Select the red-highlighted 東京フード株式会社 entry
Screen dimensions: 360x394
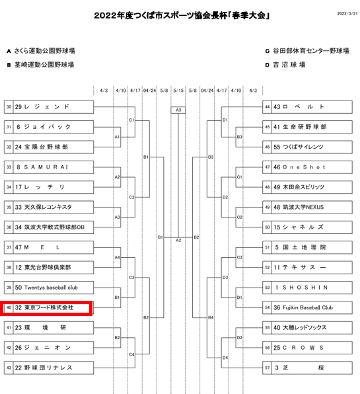coord(46,308)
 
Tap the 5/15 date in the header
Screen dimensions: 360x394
coord(178,91)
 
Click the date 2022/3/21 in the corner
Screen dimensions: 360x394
coord(347,14)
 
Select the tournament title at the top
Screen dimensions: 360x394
coord(182,16)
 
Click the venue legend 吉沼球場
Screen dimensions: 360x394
coord(285,65)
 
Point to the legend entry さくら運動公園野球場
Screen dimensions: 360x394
coord(41,51)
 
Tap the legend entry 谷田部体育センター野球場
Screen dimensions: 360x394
coord(307,51)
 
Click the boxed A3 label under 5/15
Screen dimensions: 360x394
coord(178,110)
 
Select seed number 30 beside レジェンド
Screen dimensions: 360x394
coord(9,107)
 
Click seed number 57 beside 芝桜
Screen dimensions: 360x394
coord(267,368)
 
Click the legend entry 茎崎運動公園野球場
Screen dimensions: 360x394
coord(40,65)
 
